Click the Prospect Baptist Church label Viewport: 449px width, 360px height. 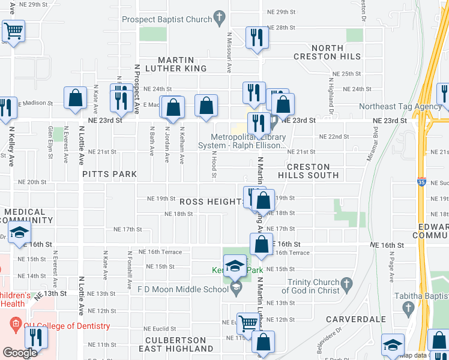point(167,19)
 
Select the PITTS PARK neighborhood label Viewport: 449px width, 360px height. point(110,174)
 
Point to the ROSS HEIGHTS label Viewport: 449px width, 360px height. point(211,202)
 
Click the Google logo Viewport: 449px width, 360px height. point(19,352)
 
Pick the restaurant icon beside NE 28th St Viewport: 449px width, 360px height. point(257,38)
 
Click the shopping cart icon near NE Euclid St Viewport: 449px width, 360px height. point(247,324)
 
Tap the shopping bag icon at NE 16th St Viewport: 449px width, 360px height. point(261,245)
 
